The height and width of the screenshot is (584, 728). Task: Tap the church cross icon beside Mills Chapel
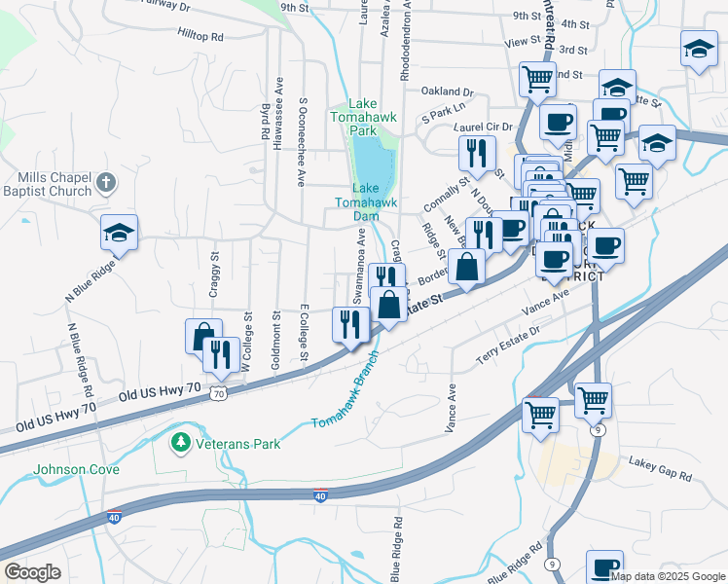pos(107,182)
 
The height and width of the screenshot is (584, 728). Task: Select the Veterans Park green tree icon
pos(179,444)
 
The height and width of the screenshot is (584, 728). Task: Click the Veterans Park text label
pos(237,445)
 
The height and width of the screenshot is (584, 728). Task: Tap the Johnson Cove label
pos(77,469)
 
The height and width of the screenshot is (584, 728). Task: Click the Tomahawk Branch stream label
pos(344,401)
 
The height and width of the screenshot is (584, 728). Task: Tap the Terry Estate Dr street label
pos(506,347)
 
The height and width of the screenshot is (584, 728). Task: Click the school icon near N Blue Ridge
pos(120,233)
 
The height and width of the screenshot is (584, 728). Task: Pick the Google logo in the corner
pos(32,571)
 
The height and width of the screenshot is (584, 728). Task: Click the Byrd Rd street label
pos(265,124)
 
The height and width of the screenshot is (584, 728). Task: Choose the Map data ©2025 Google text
pos(667,576)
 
